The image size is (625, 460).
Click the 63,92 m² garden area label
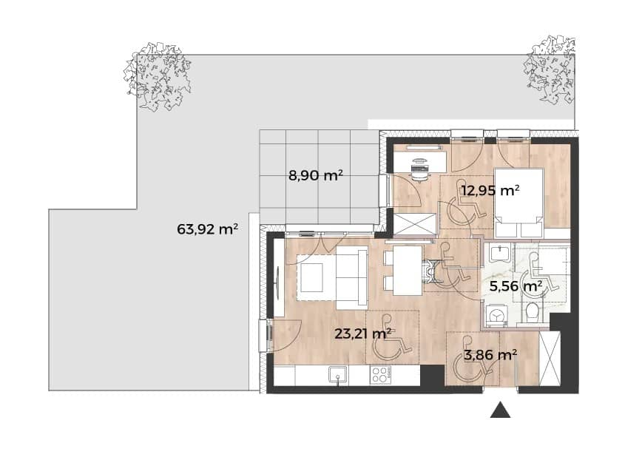207,229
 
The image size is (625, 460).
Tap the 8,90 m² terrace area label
316,175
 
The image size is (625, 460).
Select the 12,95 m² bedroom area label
490,190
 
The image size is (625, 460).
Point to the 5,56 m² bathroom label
516,285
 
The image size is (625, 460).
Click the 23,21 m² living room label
362,334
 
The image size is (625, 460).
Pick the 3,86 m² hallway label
490,354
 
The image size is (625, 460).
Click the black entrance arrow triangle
500,410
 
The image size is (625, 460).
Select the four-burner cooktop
380,375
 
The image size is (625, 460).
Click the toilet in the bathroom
532,312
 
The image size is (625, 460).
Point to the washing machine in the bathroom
496,316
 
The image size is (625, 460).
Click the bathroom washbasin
499,253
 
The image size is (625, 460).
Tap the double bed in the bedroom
518,203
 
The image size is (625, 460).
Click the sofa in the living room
351,277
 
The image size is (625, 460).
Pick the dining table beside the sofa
408,271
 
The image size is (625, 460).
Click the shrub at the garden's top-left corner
158,76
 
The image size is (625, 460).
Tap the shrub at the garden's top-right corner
550,69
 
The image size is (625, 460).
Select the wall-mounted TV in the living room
278,280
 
